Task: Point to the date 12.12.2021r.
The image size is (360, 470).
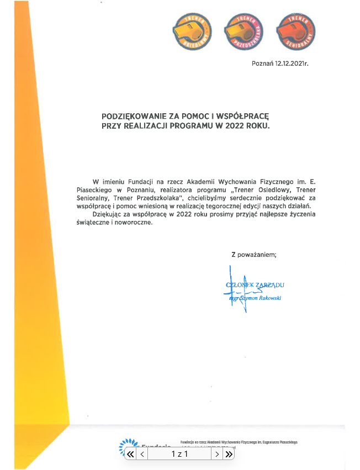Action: [291, 64]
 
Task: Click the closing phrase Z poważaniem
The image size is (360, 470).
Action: [253, 255]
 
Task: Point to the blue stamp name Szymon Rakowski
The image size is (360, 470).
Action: [260, 297]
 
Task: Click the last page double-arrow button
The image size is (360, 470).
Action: [227, 454]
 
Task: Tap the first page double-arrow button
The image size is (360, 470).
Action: [131, 454]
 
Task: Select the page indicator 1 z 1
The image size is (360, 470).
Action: [180, 454]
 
